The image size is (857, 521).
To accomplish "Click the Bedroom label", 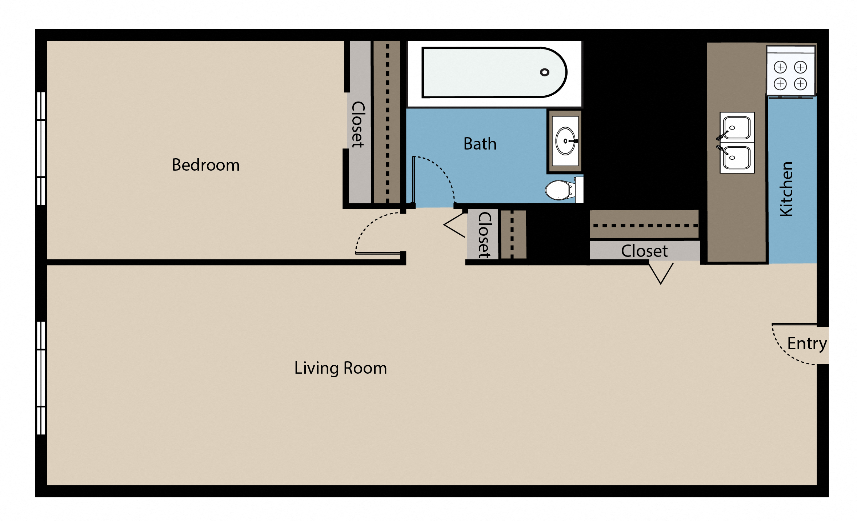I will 205,165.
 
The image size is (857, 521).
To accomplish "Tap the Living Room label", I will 340,368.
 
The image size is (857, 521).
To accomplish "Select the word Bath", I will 480,144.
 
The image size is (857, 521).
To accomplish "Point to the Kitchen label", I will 786,189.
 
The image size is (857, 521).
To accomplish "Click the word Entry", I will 806,343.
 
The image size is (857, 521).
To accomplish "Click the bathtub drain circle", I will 544,72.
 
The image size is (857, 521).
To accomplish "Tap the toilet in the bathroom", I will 558,190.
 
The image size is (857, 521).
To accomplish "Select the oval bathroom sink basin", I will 565,141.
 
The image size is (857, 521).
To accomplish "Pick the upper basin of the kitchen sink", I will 737,128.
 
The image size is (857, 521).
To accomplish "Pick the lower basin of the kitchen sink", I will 737,158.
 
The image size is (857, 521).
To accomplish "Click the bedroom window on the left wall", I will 41,148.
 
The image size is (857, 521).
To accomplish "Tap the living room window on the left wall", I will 41,378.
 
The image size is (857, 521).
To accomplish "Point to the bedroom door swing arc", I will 367,226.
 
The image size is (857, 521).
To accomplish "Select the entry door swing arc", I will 785,353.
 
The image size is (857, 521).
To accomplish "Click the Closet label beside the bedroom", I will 358,124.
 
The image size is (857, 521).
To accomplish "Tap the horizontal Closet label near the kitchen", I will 644,251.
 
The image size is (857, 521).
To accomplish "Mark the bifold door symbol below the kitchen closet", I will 661,273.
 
